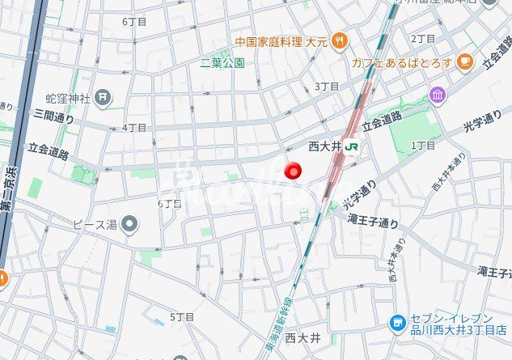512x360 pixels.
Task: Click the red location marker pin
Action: click(293, 171)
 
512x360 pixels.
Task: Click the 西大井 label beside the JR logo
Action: click(326, 146)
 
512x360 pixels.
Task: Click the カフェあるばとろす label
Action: click(401, 62)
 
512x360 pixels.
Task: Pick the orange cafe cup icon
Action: click(463, 61)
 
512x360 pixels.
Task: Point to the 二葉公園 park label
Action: click(223, 62)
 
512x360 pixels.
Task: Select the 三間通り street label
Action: click(53, 118)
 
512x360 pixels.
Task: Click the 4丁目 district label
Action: click(134, 128)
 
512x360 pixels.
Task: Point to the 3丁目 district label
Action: click(326, 87)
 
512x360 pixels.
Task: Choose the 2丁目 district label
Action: click(423, 38)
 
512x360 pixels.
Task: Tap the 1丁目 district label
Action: click(423, 145)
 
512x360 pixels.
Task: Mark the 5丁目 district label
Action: click(182, 316)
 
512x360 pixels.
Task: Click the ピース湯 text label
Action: click(95, 224)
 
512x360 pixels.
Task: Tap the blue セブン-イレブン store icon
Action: click(397, 324)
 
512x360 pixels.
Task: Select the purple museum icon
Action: click(438, 96)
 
